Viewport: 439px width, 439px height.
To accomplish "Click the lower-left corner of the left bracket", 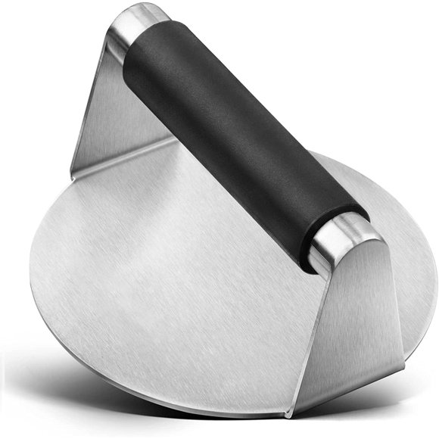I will click(x=74, y=171).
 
